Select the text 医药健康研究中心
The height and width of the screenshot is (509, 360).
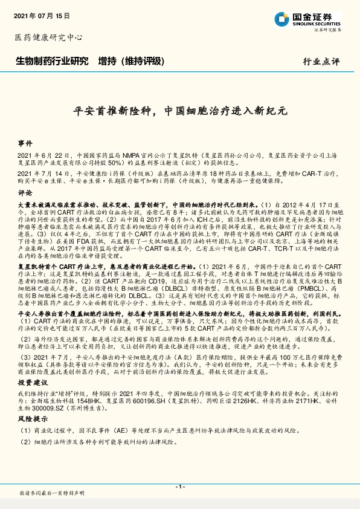coord(48,37)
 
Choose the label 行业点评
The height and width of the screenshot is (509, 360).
coord(321,62)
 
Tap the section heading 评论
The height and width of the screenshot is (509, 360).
coord(25,193)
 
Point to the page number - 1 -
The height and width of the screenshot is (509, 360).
coord(179,487)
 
